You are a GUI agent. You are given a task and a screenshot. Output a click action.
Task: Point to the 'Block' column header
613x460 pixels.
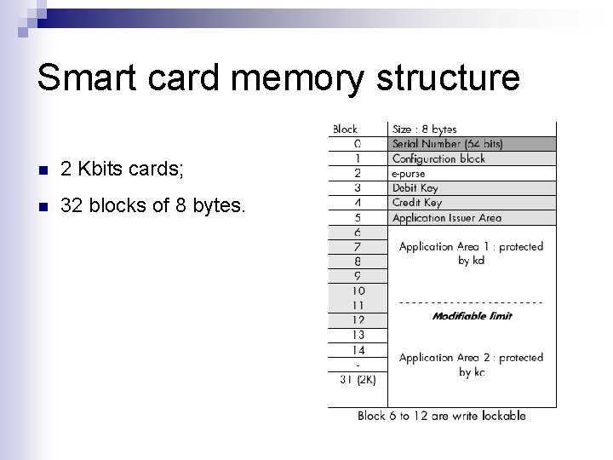click(x=345, y=129)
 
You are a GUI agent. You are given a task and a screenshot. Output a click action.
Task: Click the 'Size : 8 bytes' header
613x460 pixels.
click(x=424, y=129)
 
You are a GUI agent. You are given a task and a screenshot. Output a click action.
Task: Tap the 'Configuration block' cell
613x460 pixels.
click(x=438, y=158)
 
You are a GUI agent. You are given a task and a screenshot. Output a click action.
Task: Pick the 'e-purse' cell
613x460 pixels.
click(x=409, y=173)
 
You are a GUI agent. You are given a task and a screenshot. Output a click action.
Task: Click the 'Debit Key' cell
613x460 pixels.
click(x=415, y=187)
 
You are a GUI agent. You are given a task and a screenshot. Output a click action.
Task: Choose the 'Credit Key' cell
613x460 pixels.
click(x=416, y=203)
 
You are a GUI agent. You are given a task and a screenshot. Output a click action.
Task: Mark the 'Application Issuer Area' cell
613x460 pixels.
click(x=446, y=218)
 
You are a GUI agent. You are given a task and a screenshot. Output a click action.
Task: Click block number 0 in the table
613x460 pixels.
click(x=358, y=144)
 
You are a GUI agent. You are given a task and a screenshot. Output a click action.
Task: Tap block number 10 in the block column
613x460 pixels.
click(x=358, y=290)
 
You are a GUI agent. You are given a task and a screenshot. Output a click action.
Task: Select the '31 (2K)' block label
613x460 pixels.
click(x=358, y=379)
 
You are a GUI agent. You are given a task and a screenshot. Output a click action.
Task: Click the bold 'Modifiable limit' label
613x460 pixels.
click(x=472, y=316)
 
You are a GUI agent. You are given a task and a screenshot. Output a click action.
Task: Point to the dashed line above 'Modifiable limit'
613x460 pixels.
click(x=471, y=302)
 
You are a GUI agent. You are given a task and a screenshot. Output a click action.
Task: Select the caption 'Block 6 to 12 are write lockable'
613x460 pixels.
click(x=441, y=416)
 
